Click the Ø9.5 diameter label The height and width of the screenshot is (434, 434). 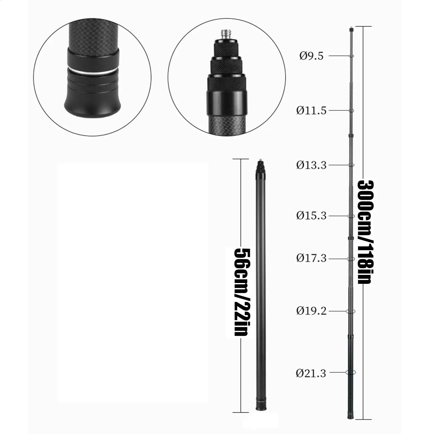tap(311, 56)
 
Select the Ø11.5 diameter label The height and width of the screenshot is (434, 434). tap(311, 111)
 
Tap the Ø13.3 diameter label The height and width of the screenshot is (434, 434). tap(311, 165)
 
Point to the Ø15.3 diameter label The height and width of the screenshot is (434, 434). tap(311, 216)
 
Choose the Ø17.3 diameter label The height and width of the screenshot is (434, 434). tap(311, 258)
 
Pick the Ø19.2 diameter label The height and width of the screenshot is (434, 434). tap(311, 311)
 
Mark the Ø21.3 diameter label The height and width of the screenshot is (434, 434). tap(311, 374)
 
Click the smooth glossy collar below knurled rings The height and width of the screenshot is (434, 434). tap(227, 102)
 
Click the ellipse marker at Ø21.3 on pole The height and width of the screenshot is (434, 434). tap(351, 372)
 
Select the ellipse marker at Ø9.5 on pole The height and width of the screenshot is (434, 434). tap(351, 56)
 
